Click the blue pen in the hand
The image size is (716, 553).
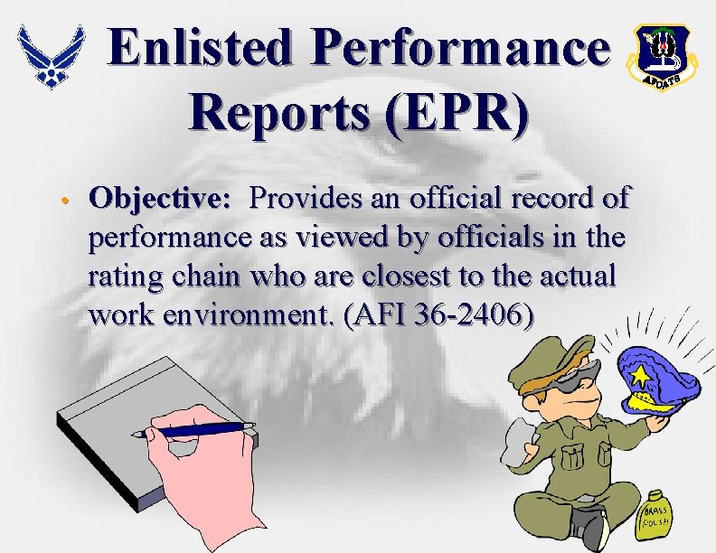click(x=193, y=430)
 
